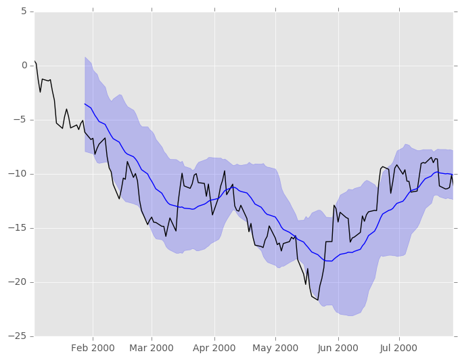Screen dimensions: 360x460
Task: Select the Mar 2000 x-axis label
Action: (152, 348)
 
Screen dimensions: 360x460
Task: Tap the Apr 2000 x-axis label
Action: (214, 348)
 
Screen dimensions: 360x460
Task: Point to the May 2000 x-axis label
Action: (276, 348)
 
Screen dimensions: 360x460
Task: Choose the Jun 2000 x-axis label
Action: (338, 348)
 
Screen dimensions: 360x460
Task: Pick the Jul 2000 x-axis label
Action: (399, 348)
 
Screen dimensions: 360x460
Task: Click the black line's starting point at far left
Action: (34, 61)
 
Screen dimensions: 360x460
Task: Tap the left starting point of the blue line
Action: (85, 104)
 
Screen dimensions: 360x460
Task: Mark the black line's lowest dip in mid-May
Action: (318, 300)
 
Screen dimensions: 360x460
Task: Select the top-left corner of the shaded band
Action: (85, 57)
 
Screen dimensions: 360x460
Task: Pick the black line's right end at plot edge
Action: (453, 183)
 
